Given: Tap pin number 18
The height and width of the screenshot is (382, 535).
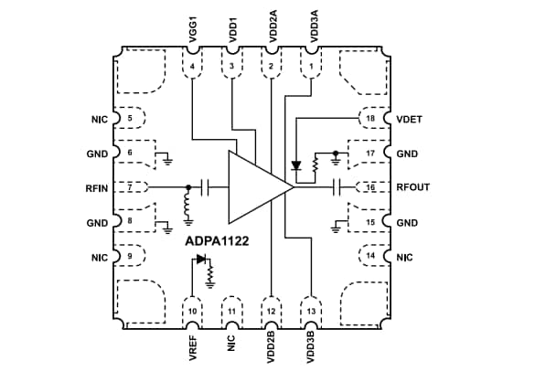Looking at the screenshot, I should click(369, 119).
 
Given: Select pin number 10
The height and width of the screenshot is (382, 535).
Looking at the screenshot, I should click(193, 312).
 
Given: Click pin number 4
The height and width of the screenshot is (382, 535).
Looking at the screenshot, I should click(193, 66).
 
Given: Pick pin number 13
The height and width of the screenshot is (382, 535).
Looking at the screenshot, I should click(311, 312).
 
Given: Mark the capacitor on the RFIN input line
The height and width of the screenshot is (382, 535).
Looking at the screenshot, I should click(208, 187).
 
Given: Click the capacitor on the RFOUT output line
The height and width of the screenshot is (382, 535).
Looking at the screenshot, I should click(337, 187).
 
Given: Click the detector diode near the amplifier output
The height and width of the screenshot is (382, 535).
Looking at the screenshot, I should click(295, 166).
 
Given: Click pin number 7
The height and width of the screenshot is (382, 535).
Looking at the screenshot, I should click(130, 187).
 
